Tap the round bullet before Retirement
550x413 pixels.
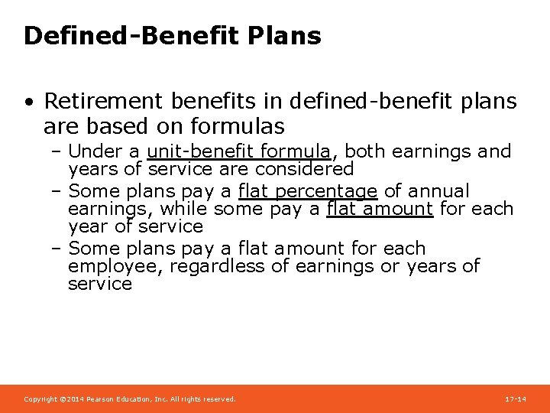coord(28,102)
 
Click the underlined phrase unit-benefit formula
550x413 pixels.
coord(239,151)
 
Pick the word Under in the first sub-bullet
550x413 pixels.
coord(92,151)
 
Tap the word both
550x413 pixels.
coord(365,151)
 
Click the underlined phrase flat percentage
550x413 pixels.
coord(308,190)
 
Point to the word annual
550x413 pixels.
coord(439,190)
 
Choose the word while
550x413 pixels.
coord(184,208)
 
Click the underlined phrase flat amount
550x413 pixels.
coord(380,208)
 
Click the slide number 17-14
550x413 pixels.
coord(516,399)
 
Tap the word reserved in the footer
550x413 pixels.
coord(218,399)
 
